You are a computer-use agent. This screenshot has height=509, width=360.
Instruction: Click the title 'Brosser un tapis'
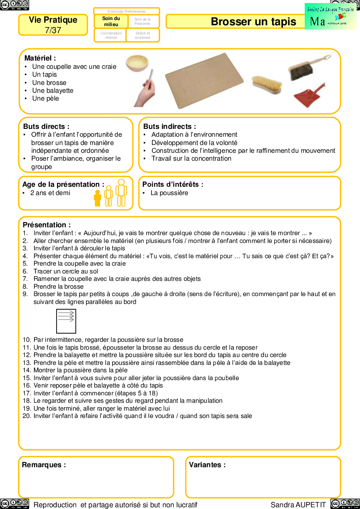click(253, 22)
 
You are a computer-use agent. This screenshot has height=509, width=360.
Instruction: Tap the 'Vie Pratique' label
click(53, 20)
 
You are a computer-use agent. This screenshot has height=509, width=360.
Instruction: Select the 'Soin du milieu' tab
click(111, 21)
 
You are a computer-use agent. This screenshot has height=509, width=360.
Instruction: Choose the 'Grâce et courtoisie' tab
click(142, 35)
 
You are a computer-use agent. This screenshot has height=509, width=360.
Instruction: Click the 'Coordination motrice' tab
click(111, 35)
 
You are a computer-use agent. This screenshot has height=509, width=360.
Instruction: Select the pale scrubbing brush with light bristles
click(266, 84)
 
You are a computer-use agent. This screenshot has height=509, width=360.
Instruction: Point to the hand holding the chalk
click(144, 92)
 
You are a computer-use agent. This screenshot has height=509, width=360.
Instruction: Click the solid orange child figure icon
click(98, 198)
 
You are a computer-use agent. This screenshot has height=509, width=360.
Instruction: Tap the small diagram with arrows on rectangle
click(66, 321)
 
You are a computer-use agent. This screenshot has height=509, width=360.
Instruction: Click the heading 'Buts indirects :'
click(170, 127)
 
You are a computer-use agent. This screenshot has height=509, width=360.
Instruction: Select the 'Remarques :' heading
click(44, 465)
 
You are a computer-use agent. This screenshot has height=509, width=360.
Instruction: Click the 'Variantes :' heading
click(207, 465)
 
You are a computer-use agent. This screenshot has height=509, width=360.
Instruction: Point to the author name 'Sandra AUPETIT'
click(298, 505)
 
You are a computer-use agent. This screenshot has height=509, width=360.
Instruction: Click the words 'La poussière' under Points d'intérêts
click(169, 193)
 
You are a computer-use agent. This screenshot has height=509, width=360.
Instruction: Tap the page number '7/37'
click(53, 30)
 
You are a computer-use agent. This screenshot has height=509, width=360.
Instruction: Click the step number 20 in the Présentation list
click(27, 416)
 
